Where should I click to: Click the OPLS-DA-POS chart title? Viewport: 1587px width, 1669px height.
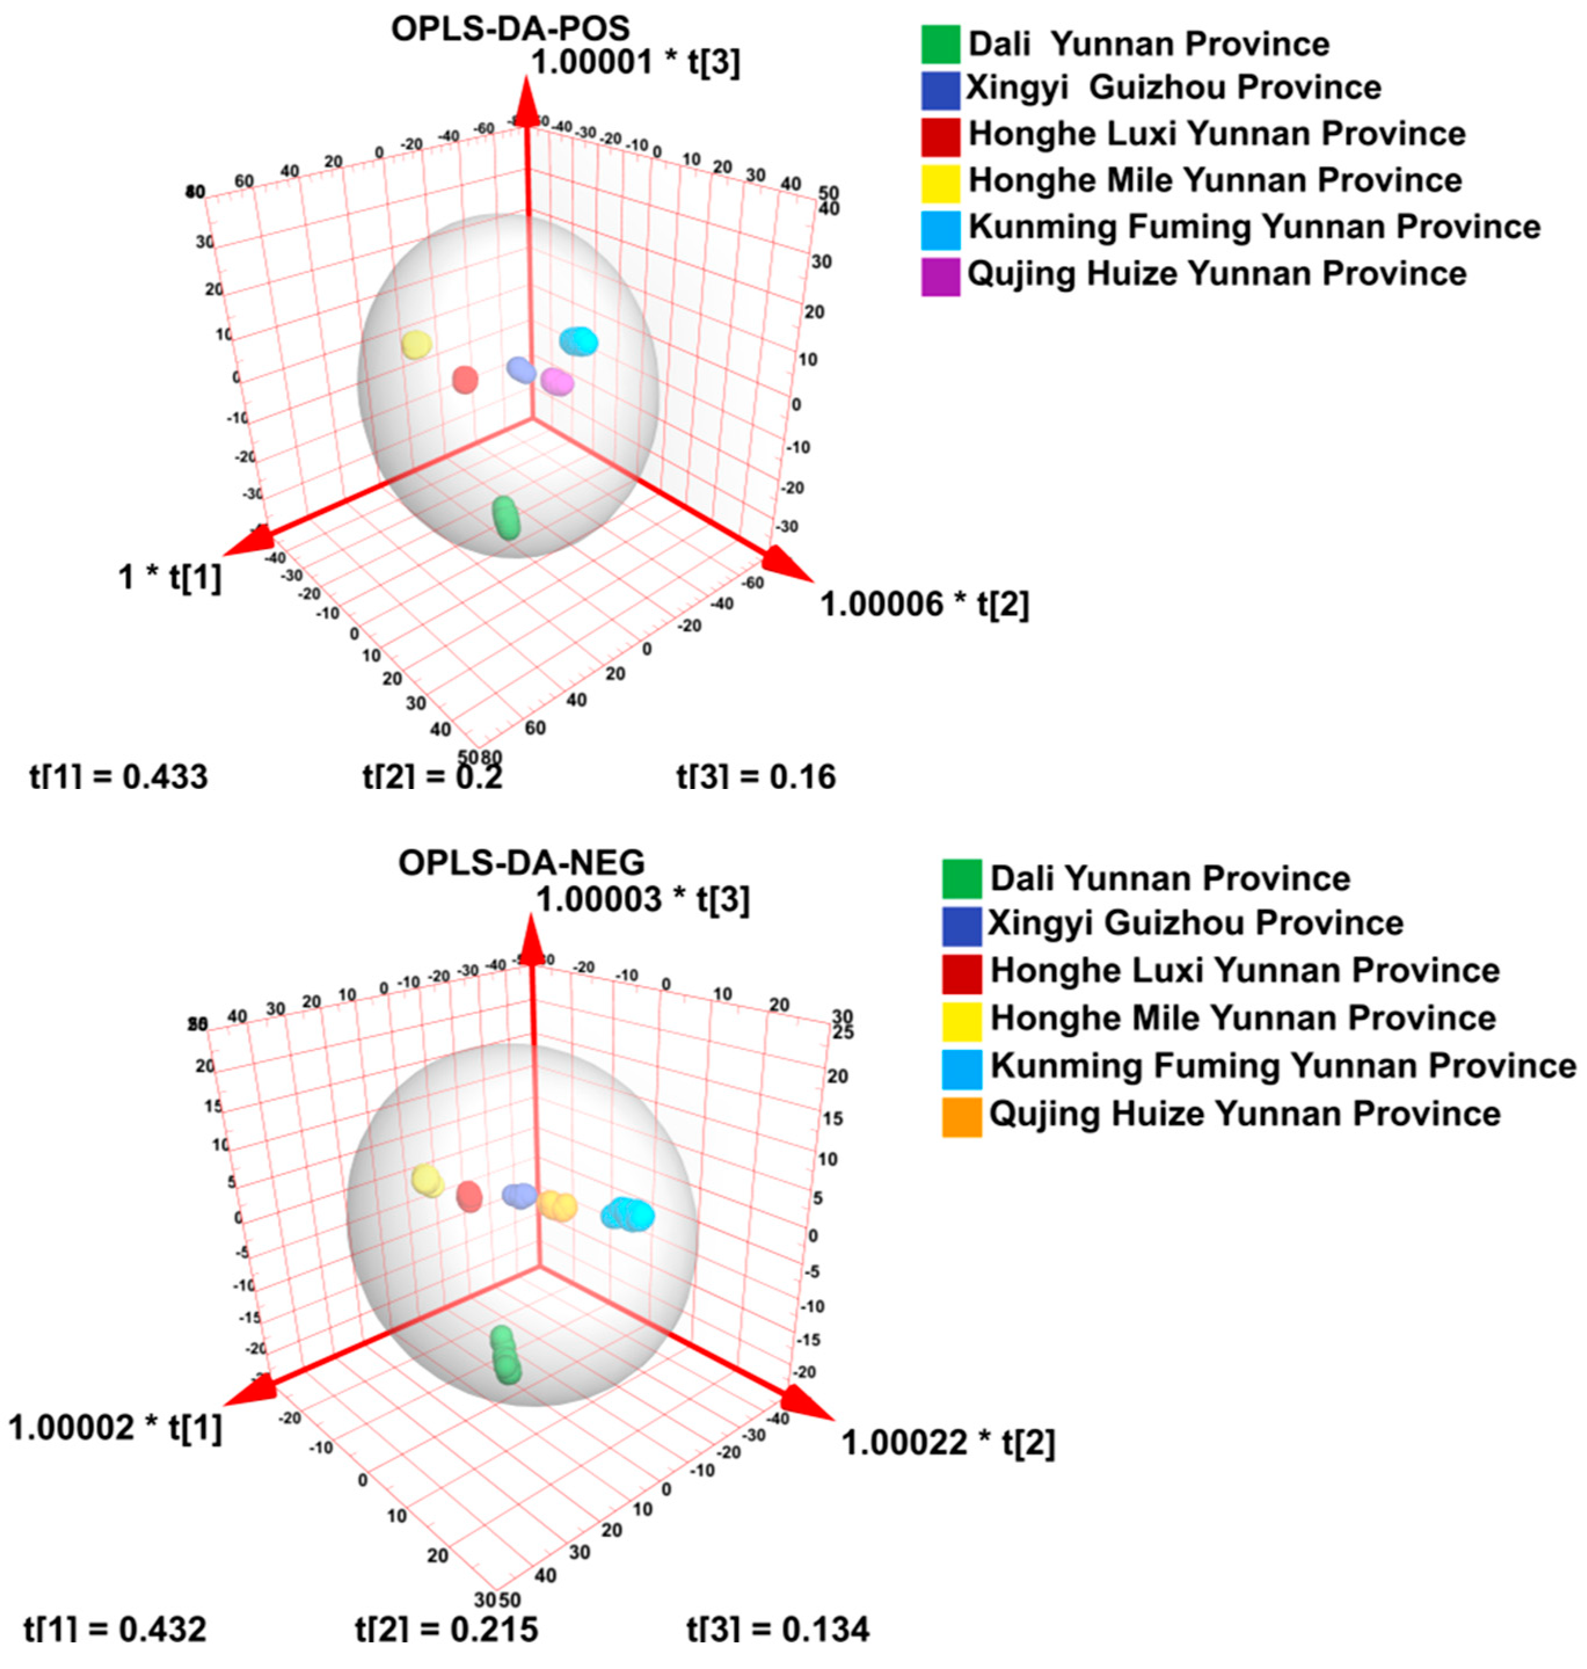[x=510, y=29]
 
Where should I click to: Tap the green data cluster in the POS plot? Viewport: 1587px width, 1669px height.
[x=506, y=517]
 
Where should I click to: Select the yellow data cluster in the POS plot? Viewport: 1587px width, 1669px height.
[x=416, y=344]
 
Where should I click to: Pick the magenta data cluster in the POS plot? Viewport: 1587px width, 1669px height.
[x=557, y=381]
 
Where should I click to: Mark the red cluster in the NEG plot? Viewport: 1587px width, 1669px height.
[x=469, y=1197]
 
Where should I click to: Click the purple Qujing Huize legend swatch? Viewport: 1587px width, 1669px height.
[x=940, y=276]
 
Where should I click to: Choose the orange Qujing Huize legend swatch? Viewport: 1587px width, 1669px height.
[x=962, y=1117]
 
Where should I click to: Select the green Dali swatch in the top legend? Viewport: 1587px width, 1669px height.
[x=940, y=45]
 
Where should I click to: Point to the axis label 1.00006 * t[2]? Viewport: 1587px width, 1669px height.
[x=925, y=604]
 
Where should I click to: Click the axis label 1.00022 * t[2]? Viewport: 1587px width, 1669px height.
[x=947, y=1442]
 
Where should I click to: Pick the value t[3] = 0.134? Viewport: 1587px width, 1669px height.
[x=778, y=1629]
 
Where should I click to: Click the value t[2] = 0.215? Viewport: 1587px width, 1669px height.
[x=446, y=1629]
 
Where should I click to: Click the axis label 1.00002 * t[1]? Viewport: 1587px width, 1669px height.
[x=115, y=1428]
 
